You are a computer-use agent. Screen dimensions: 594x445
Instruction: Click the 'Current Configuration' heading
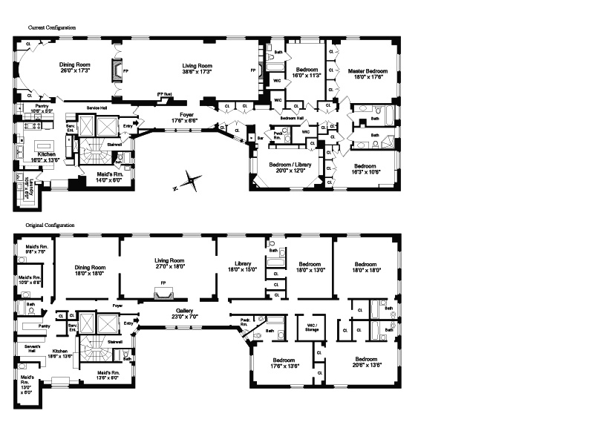tap(52, 27)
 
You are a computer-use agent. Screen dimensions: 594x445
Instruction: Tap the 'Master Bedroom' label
tap(368, 71)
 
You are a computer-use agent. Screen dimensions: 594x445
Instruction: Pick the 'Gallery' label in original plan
tap(185, 310)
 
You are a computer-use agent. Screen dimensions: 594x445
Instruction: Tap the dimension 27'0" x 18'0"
tap(169, 267)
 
